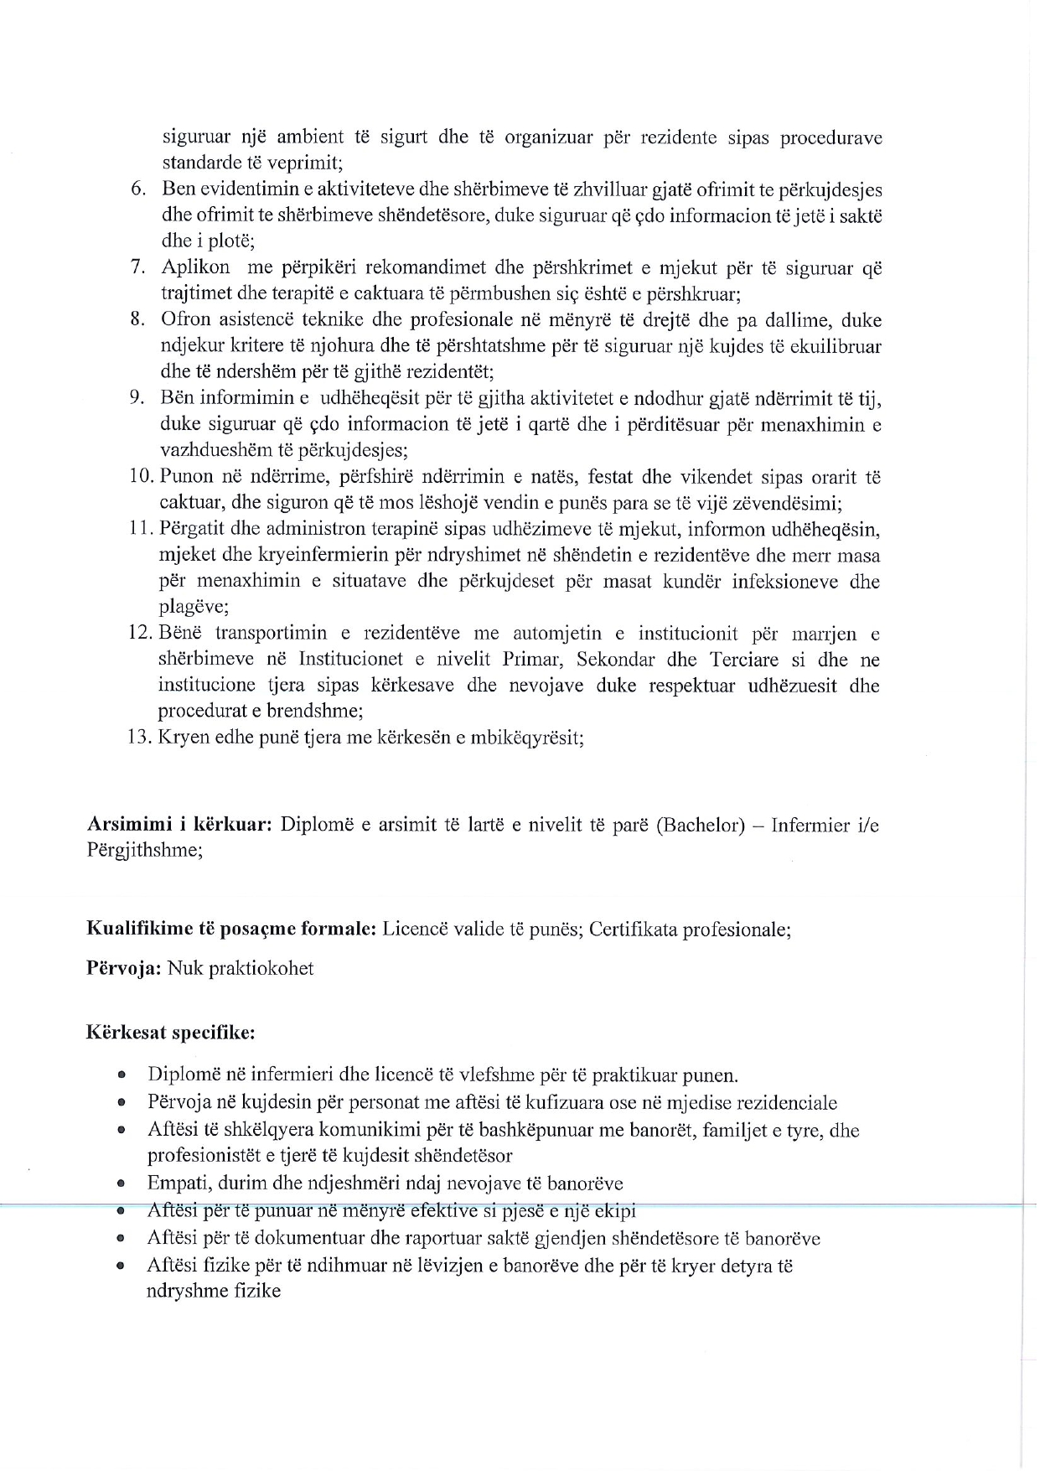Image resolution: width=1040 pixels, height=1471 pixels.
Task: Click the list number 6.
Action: point(138,189)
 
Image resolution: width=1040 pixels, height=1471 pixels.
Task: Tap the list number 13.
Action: point(138,738)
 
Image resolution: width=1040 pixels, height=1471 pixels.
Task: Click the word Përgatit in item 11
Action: point(189,530)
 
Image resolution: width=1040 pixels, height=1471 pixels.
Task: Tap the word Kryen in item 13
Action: point(179,738)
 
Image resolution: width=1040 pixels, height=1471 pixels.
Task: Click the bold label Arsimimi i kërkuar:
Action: point(179,825)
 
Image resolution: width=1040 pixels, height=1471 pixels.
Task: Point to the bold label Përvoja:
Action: point(124,969)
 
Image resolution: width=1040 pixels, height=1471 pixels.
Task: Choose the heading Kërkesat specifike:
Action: point(170,1033)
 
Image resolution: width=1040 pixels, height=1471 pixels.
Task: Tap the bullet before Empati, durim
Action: point(122,1184)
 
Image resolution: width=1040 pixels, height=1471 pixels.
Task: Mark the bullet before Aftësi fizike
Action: point(122,1266)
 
